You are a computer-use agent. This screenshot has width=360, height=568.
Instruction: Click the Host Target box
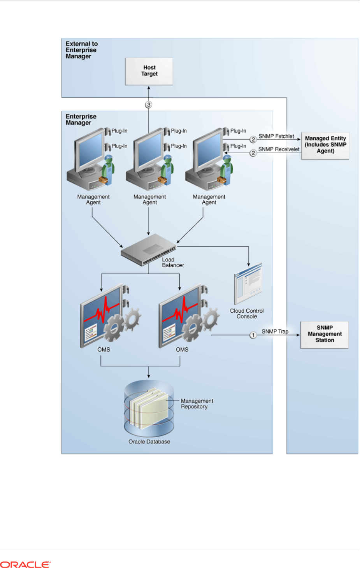pos(149,71)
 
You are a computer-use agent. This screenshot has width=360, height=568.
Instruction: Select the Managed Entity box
pos(325,145)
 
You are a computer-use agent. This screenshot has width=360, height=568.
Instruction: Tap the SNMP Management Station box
pos(324,335)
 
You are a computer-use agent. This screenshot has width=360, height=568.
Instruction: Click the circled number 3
pos(149,105)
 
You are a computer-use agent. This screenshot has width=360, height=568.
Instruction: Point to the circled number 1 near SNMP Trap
pos(253,335)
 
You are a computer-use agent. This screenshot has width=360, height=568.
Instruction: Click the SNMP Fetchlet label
pos(276,136)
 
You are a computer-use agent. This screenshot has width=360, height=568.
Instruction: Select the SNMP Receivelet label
pos(279,149)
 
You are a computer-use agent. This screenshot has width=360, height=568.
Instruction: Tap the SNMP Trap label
pos(275,331)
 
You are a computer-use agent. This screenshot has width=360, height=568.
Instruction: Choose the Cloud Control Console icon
pos(248,284)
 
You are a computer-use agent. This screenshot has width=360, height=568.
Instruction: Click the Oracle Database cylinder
pos(149,408)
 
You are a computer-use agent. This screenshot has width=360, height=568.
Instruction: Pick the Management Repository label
pos(197,404)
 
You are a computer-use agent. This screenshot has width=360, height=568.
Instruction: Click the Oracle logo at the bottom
pos(25,564)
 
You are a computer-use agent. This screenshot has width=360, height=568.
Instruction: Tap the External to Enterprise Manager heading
pos(81,50)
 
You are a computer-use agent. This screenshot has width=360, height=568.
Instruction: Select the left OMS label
pos(104,350)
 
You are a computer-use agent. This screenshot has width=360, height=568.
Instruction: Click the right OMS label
pos(182,350)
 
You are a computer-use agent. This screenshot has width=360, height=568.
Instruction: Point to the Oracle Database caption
pos(149,442)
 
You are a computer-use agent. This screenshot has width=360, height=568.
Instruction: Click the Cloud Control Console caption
pos(247,314)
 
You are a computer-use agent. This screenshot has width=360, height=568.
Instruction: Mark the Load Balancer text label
pos(173,263)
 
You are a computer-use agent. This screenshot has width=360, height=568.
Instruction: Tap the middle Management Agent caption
pos(149,200)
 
